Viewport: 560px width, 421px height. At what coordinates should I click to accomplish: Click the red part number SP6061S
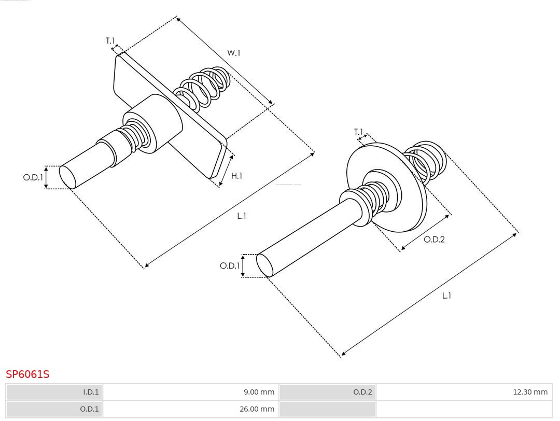[27, 374]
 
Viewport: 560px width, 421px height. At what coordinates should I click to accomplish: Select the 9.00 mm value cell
[191, 392]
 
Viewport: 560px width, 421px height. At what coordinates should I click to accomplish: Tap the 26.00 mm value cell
[191, 409]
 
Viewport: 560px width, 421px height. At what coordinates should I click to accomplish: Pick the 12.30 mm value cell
[464, 392]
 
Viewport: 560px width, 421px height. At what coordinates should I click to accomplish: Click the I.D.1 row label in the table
[54, 392]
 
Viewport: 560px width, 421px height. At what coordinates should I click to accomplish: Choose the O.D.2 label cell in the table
[328, 392]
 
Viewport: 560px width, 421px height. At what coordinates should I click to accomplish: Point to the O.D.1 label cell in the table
[54, 409]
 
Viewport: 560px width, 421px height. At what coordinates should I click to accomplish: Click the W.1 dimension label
[233, 53]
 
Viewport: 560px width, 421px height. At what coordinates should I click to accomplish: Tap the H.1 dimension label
[237, 176]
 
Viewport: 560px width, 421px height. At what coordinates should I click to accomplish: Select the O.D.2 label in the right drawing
[434, 239]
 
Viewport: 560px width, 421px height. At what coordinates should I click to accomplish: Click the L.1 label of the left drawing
[242, 216]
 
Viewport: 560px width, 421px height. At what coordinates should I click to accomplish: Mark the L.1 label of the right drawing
[446, 296]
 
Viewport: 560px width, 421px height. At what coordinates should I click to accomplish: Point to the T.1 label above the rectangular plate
[110, 41]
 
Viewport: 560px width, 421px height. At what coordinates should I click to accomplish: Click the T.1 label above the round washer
[359, 132]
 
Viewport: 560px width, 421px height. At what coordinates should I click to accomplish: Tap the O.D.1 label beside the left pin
[33, 177]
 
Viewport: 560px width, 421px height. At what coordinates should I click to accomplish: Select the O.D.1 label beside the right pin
[230, 265]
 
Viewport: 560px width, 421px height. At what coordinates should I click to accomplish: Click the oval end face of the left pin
[67, 177]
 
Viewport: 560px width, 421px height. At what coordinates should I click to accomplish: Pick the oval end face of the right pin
[264, 265]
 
